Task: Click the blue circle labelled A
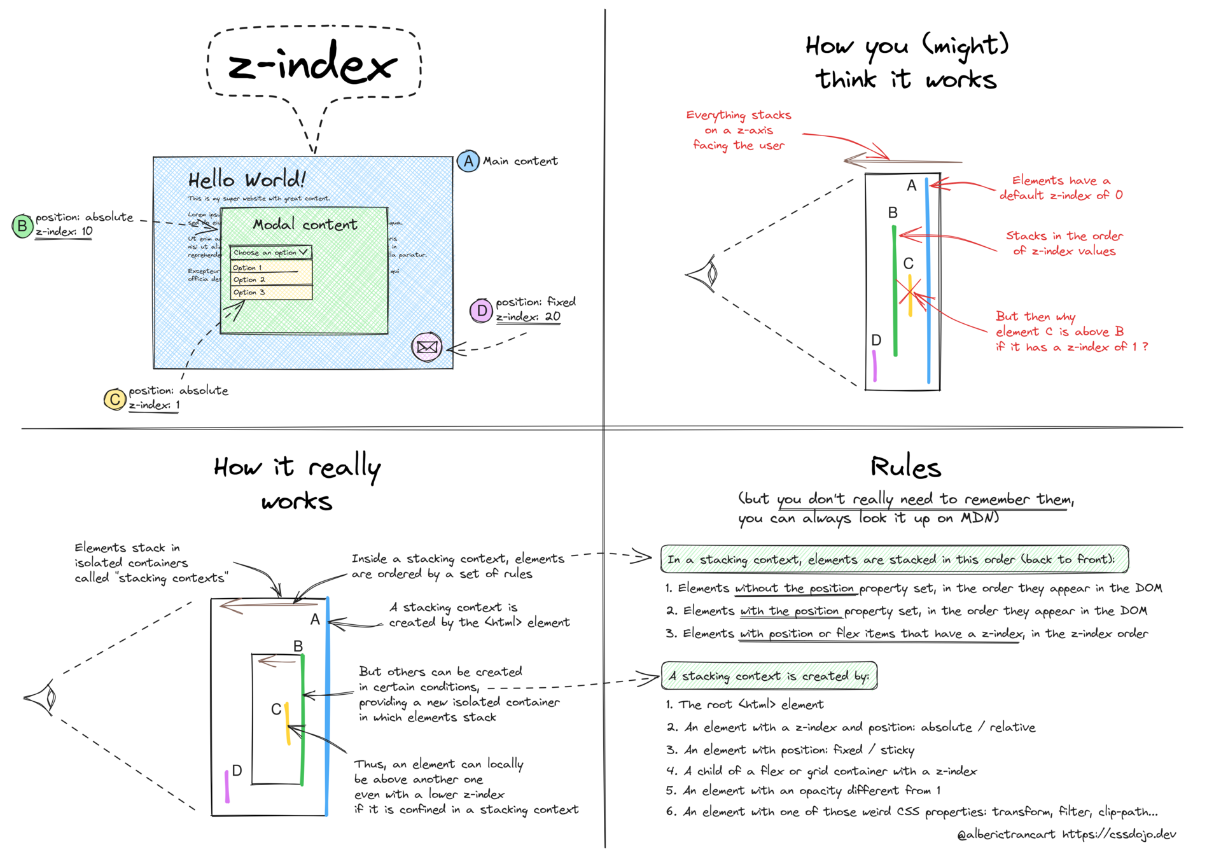[x=468, y=161]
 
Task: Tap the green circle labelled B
[x=22, y=225]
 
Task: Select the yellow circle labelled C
[x=115, y=400]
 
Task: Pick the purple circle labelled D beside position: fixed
[x=482, y=311]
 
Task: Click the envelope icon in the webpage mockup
[x=427, y=347]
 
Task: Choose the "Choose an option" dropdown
[x=270, y=253]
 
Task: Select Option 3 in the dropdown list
[x=271, y=293]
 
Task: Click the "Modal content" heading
[x=305, y=225]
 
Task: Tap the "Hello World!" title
[x=247, y=179]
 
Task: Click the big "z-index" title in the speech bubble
[x=312, y=65]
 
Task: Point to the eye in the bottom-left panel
[x=43, y=698]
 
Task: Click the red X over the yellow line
[x=911, y=293]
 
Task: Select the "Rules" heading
[x=905, y=468]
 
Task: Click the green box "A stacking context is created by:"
[x=769, y=676]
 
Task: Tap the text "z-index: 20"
[x=528, y=317]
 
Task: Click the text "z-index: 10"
[x=64, y=232]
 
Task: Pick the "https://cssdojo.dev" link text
[x=1119, y=834]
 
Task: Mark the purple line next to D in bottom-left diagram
[x=227, y=786]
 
